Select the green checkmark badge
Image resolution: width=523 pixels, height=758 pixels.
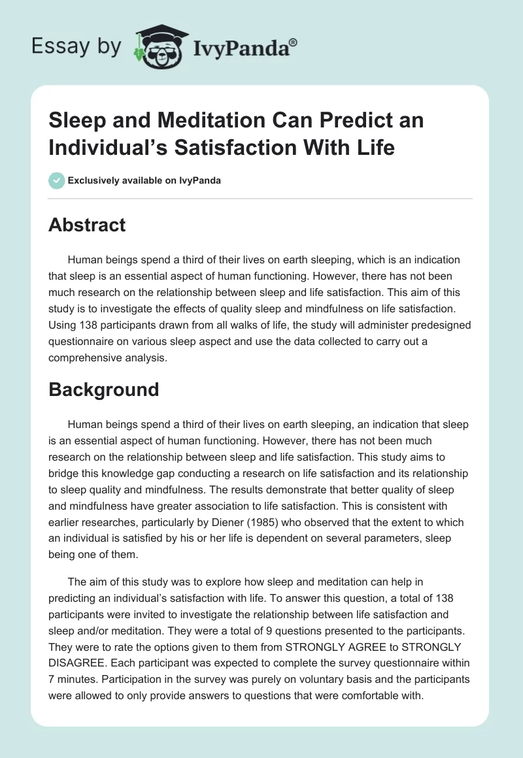(x=56, y=180)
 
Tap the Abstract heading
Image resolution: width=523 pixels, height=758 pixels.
(x=87, y=225)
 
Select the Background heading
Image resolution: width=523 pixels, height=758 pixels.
(x=103, y=389)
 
